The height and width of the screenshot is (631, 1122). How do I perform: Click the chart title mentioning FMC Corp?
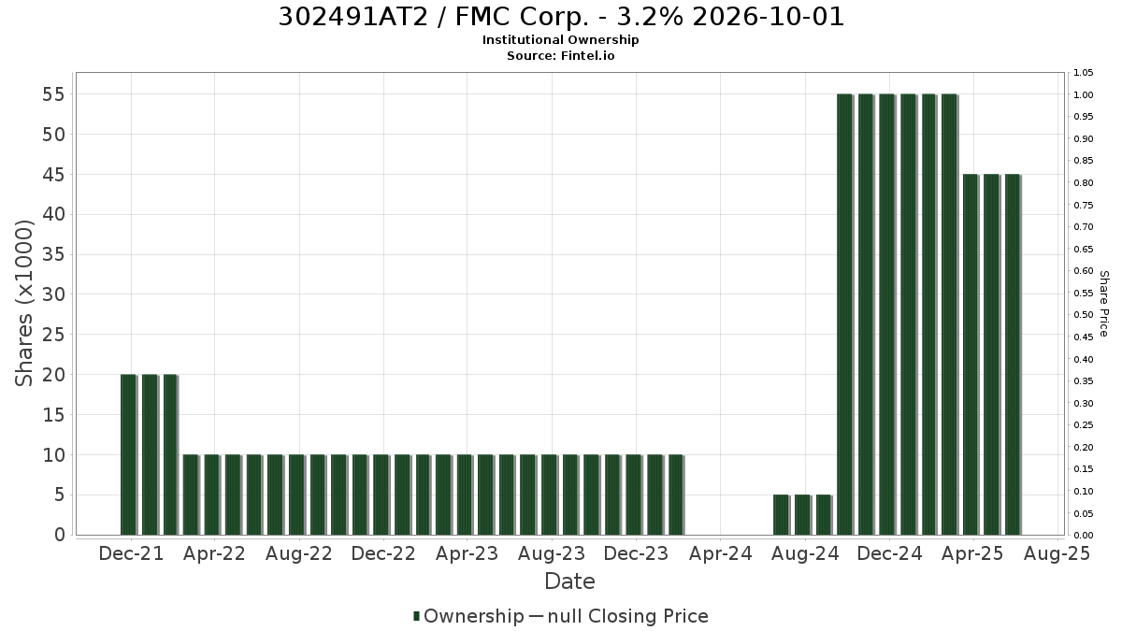point(561,17)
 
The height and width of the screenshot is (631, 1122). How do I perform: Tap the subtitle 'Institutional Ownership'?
point(560,40)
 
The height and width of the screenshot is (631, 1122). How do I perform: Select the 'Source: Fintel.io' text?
point(560,55)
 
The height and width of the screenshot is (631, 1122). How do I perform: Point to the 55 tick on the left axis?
point(54,94)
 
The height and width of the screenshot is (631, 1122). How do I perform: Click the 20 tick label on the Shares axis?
point(54,375)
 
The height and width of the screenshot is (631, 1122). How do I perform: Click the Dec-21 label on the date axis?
point(131,553)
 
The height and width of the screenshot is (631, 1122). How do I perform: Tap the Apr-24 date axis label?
point(720,553)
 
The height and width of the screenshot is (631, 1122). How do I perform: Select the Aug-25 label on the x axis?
point(1057,553)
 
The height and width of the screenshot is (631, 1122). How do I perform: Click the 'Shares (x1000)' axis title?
point(23,303)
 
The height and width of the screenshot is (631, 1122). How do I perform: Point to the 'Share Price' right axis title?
point(1103,304)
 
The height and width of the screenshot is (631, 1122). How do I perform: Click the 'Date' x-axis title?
point(569,581)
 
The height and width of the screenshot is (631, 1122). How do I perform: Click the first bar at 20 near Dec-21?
point(129,454)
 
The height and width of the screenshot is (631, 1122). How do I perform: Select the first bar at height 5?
point(782,515)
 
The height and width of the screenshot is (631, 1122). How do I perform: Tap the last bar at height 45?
point(1013,354)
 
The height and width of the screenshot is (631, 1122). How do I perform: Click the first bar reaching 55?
point(845,314)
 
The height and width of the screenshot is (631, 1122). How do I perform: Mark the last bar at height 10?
point(677,495)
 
